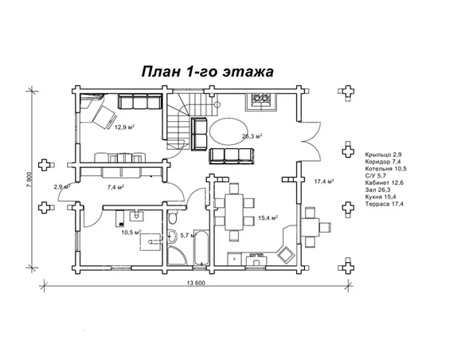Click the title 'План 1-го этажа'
point(207,72)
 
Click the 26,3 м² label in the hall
point(252,136)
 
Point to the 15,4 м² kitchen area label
point(267,217)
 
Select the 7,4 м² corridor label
point(118,186)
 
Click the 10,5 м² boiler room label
point(131,233)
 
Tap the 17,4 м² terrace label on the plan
point(323,182)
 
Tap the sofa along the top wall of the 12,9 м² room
point(139,103)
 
